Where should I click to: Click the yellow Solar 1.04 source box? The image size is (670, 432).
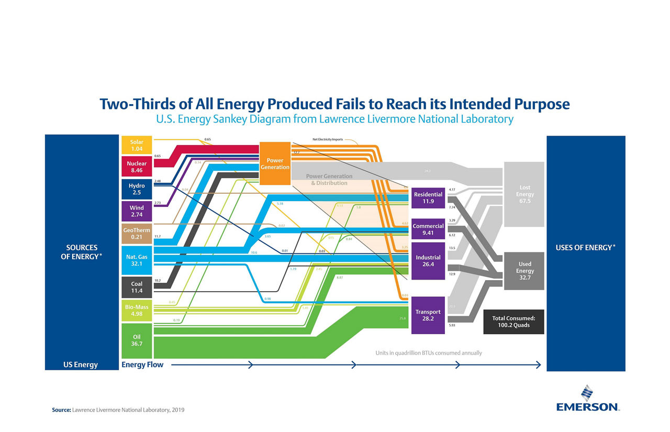point(137,145)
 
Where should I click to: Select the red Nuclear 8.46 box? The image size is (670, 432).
point(137,167)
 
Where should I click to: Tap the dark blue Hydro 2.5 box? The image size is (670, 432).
point(137,189)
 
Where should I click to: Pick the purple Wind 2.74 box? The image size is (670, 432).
point(137,211)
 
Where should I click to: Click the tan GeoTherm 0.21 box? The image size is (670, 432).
point(137,234)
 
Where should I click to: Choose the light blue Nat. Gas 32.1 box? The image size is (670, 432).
point(137,260)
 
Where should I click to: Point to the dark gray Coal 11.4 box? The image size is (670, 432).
point(137,287)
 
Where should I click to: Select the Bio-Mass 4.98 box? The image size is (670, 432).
point(137,311)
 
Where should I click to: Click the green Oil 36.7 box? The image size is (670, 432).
point(137,340)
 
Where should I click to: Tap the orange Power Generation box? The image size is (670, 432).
point(275,163)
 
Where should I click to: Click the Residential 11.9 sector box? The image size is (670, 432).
point(428,197)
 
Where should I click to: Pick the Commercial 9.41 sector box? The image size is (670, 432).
point(428,229)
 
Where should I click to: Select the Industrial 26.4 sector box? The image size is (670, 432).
point(428,261)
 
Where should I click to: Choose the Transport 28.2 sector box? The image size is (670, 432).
point(428,315)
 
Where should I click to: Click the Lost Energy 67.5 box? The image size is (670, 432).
point(524,194)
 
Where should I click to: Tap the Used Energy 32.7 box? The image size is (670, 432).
point(524,271)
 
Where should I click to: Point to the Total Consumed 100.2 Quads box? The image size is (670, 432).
point(513,322)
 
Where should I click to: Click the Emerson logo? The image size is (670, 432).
point(587,400)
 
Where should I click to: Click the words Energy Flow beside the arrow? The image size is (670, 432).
point(142,365)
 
